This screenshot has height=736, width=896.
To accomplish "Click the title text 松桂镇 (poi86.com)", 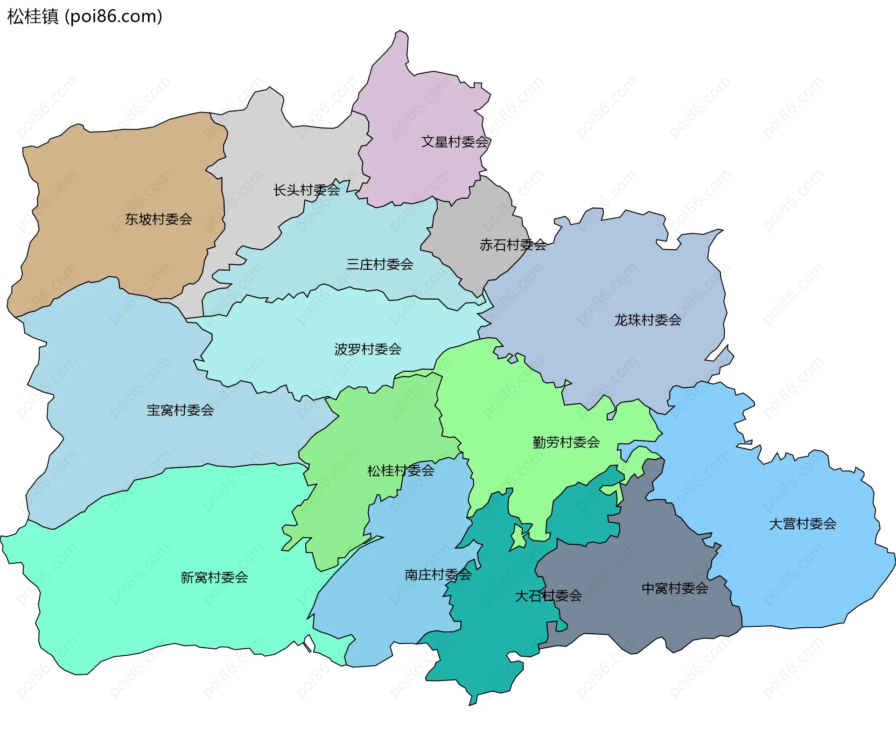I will pos(84,16).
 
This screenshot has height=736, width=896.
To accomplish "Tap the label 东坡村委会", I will pos(158,219).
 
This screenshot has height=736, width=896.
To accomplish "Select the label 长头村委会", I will pos(306,190).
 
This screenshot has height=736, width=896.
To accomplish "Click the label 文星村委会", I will pos(455,141).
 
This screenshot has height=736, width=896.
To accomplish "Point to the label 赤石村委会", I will pos(513,245).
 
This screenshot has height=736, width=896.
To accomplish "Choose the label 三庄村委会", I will pos(379,264).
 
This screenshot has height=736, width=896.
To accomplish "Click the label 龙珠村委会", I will pos(647,320).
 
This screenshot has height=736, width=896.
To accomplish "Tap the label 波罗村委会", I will pos(368,349).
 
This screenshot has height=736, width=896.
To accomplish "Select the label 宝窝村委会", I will pos(180,410).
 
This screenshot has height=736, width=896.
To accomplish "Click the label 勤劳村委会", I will pos(566,442).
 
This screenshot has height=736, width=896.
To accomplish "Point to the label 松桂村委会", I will pos(400,470).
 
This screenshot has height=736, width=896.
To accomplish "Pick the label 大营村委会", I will pos(802,523).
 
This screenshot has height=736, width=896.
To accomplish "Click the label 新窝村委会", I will pos(214,577).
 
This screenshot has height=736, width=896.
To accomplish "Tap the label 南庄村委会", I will pos(438,575).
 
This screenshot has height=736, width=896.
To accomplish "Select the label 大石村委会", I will pos(548,596).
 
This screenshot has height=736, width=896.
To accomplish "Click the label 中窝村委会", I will pos(675,588).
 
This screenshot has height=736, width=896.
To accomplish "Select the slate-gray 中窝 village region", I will pos(653,551).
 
